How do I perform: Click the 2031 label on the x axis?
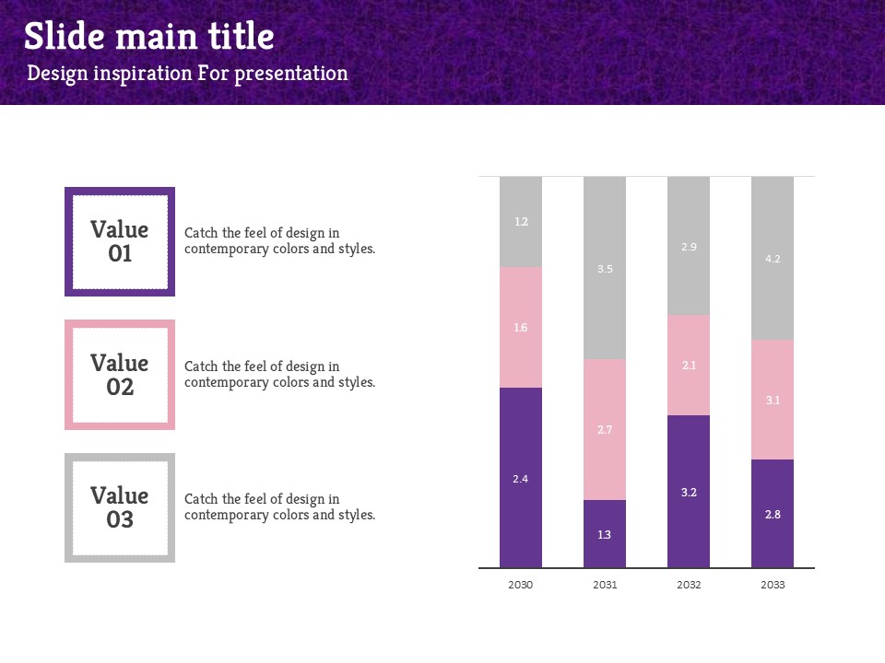605,585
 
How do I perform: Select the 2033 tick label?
773,585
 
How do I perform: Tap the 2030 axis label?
521,585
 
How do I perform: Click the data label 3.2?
689,493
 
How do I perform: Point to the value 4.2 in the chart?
773,259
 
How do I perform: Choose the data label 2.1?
689,366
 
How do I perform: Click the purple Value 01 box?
120,242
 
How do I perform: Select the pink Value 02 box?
120,375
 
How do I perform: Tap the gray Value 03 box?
120,507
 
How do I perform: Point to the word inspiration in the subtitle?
144,74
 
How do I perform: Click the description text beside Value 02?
279,374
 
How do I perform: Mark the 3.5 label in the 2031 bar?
605,269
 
